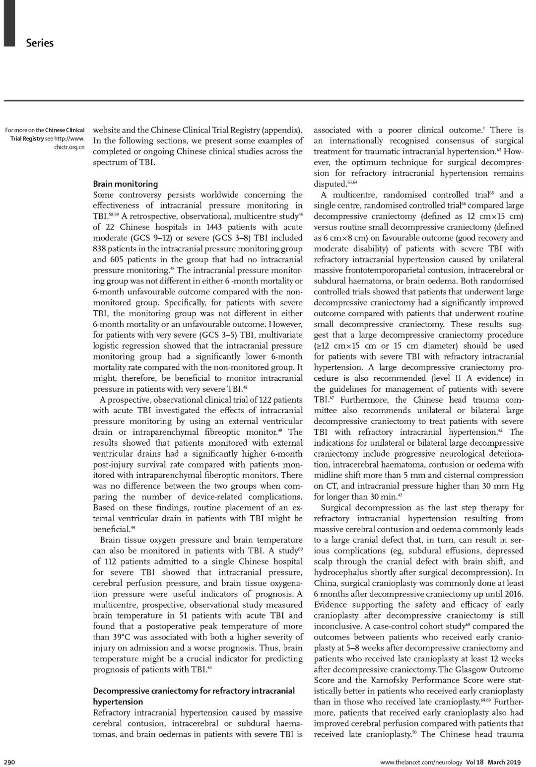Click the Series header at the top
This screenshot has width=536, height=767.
click(40, 43)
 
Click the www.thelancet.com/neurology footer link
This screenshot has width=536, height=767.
click(421, 762)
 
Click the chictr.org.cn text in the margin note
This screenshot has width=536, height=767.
click(69, 147)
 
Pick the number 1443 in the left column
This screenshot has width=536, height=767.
click(209, 227)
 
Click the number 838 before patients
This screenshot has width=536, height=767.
click(102, 249)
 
